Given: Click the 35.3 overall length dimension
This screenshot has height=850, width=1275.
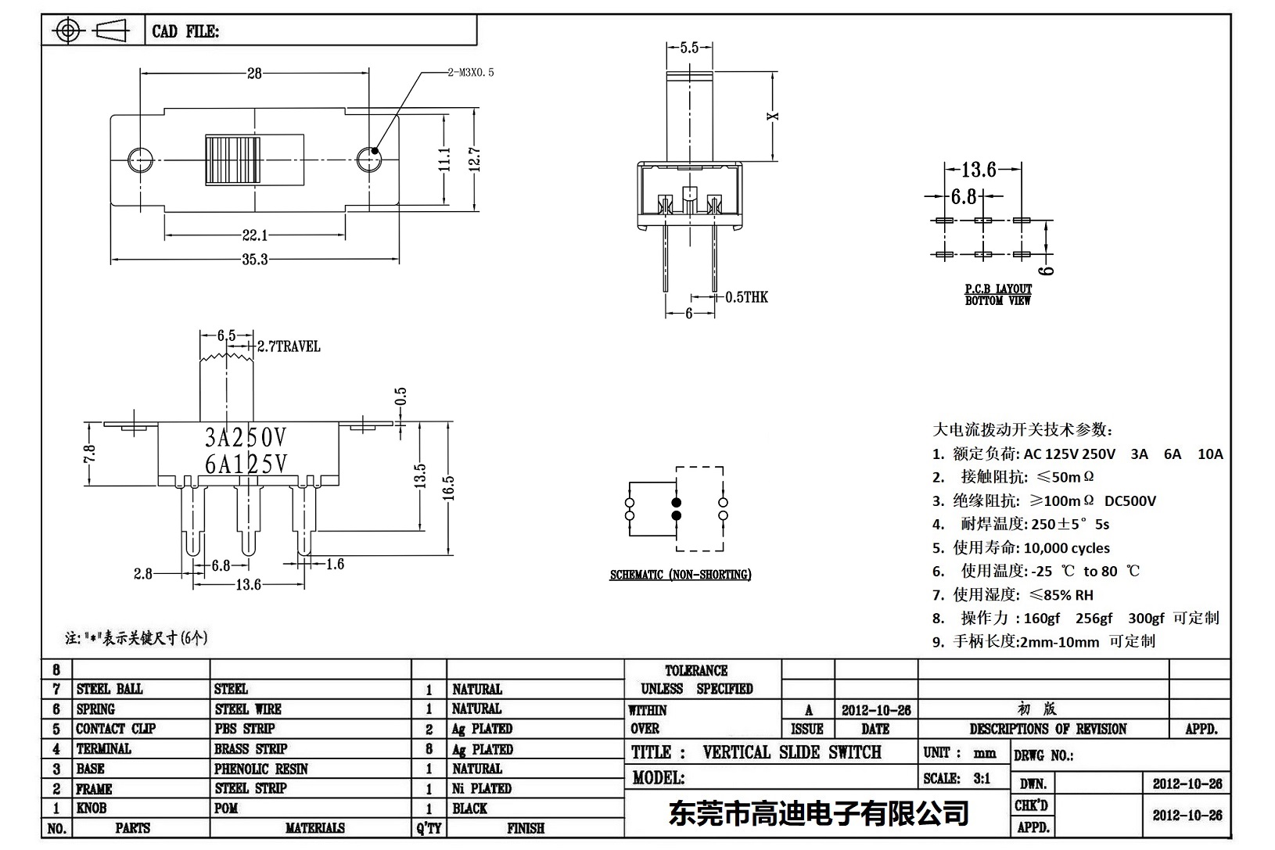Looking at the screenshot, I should click(255, 260).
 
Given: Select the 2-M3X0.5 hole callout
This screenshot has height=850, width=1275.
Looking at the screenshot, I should click(470, 73).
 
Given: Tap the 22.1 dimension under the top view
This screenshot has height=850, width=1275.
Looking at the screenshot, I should click(255, 235).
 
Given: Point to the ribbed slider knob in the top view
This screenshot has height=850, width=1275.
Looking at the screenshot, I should click(232, 160).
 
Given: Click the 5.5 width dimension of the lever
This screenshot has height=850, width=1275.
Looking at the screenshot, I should click(689, 48).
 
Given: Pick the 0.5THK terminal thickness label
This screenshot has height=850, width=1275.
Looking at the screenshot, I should click(746, 297).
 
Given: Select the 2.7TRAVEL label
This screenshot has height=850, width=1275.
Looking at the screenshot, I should click(289, 346).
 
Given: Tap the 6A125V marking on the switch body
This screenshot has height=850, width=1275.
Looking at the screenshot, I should click(246, 464).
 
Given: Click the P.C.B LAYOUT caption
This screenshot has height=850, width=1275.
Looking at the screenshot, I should click(998, 289).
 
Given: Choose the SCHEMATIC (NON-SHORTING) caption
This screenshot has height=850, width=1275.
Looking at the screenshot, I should click(681, 575).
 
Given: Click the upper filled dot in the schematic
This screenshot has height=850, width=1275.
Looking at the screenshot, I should click(677, 502).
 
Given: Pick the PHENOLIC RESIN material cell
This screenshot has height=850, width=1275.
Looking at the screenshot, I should click(261, 769).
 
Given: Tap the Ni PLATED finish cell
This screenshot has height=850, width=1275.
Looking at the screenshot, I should click(482, 788).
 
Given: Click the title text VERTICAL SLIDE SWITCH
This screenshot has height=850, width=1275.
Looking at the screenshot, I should click(792, 752).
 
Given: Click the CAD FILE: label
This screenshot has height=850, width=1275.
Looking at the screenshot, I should click(185, 31).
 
